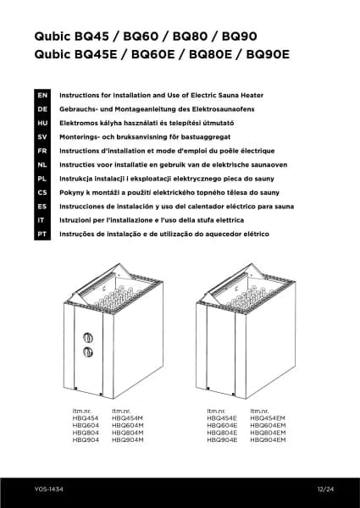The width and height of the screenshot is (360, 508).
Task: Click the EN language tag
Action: [x=42, y=95]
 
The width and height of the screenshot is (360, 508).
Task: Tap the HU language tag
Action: [x=42, y=123]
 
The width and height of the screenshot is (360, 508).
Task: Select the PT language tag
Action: [x=42, y=234]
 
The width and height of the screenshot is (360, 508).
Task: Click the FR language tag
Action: [x=42, y=151]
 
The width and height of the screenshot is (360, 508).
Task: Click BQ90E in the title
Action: [x=268, y=54]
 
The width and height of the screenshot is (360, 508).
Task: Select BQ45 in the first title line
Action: [x=91, y=36]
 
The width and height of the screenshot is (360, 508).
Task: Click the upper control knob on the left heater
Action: [x=88, y=338]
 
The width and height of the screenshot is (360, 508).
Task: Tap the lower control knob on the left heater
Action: [x=88, y=352]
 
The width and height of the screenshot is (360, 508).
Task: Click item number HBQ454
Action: [x=86, y=418]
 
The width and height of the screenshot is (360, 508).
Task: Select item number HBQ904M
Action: [x=127, y=440]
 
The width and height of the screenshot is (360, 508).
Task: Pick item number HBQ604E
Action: [x=222, y=425]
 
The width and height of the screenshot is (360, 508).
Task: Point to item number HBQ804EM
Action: [x=268, y=433]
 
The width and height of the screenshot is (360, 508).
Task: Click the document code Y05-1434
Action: [x=48, y=489]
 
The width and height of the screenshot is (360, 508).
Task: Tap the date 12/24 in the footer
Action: [x=325, y=489]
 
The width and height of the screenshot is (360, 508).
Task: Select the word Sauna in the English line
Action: [x=229, y=95]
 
